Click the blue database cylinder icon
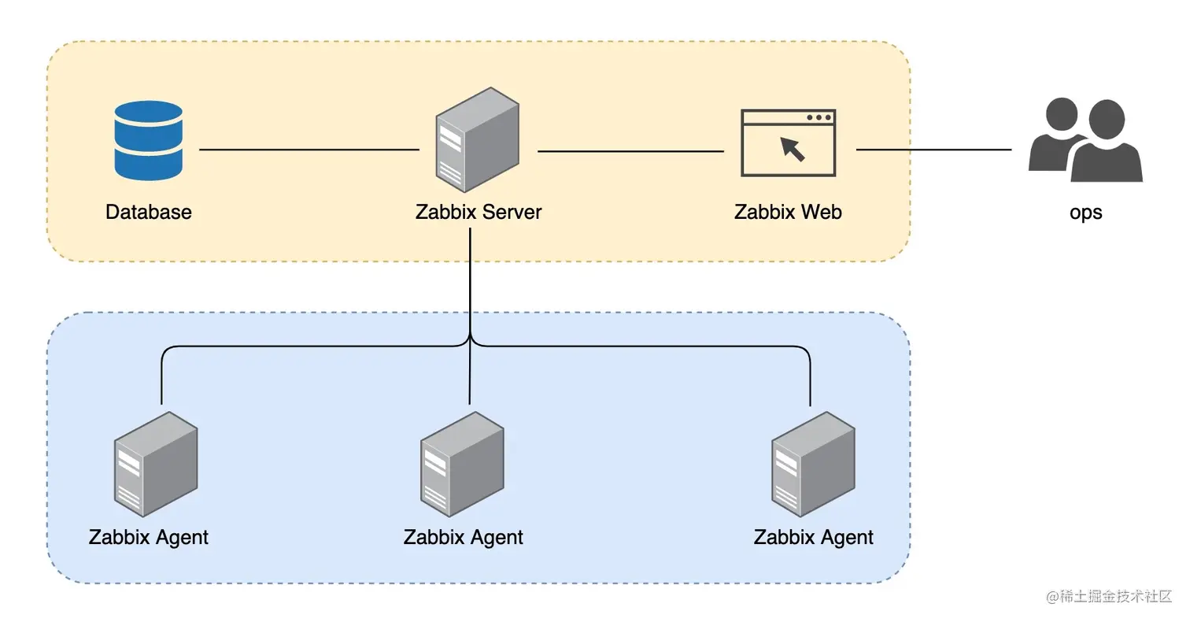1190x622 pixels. [148, 140]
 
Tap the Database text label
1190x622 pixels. [149, 212]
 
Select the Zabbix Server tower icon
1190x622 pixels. [477, 139]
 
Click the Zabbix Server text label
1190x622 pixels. [479, 212]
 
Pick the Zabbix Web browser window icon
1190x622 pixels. [788, 143]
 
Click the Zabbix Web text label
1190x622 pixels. [788, 212]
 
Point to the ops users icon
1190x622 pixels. [1085, 139]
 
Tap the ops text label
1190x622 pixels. [1085, 213]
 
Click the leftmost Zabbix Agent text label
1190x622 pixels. [149, 538]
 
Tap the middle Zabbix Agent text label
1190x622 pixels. [463, 538]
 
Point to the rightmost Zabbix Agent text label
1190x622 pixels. [813, 538]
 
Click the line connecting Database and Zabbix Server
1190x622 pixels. [309, 150]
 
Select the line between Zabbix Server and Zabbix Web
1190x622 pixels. [630, 150]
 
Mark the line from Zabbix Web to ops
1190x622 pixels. [933, 150]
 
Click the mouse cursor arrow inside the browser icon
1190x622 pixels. [793, 148]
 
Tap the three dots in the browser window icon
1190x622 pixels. [819, 118]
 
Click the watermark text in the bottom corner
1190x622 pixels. [1109, 597]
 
